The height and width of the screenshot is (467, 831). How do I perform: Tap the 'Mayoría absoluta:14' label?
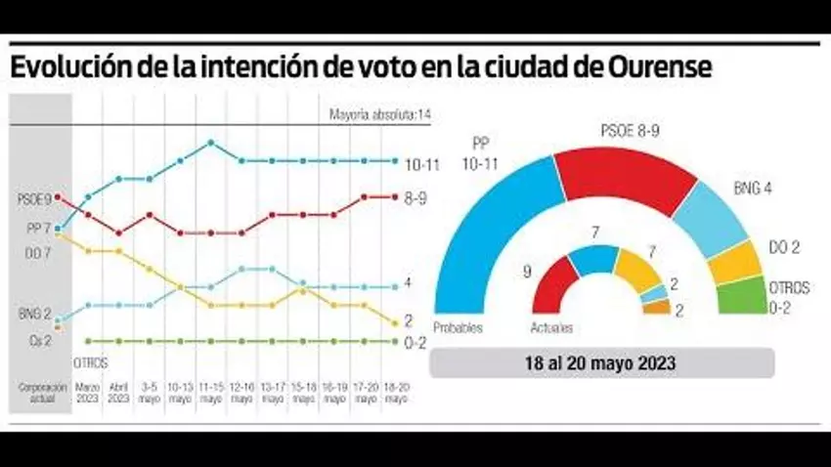[380, 115]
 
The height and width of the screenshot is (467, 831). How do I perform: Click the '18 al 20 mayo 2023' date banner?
[602, 362]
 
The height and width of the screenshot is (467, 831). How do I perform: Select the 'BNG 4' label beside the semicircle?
[754, 188]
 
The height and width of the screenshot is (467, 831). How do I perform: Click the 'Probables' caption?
[459, 328]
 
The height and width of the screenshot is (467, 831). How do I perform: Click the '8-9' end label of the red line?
[415, 197]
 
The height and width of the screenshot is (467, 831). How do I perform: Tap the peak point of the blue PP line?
[211, 143]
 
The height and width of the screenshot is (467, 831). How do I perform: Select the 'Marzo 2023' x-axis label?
[88, 393]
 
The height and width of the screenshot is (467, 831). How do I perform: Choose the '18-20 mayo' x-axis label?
[394, 393]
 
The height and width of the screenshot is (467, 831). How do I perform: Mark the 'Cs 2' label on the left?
[28, 340]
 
